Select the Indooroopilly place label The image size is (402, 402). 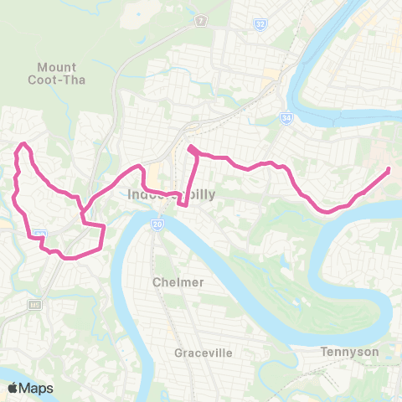point(164,194)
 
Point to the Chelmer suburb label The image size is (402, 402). point(178,282)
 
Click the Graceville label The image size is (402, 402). point(203,353)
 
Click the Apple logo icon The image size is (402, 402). point(13,388)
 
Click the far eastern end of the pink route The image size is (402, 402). point(389,170)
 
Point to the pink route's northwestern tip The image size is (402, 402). point(23,145)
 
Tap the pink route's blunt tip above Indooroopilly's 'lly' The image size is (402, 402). point(191,149)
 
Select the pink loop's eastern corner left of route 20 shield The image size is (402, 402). point(104,227)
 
